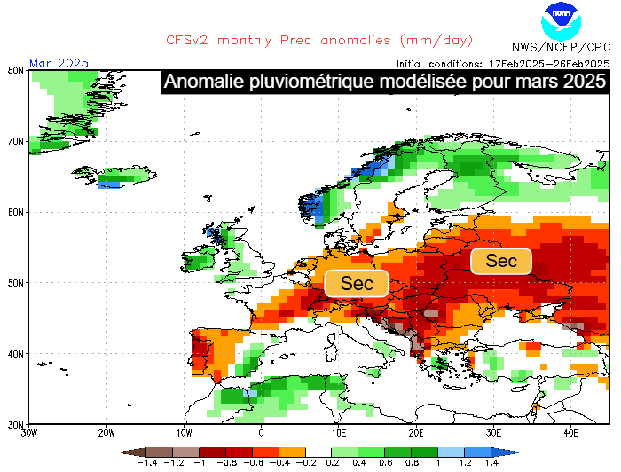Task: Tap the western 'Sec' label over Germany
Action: click(357, 283)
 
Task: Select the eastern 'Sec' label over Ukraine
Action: click(501, 261)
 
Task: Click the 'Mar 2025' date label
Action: click(59, 62)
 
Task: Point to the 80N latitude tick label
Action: click(15, 70)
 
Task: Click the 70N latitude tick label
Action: click(15, 141)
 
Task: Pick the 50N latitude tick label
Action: click(15, 283)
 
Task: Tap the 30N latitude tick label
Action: click(15, 424)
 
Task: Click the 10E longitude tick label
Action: click(338, 433)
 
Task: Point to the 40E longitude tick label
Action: click(570, 433)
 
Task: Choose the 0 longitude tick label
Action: click(261, 433)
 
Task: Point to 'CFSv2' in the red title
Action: click(190, 40)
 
